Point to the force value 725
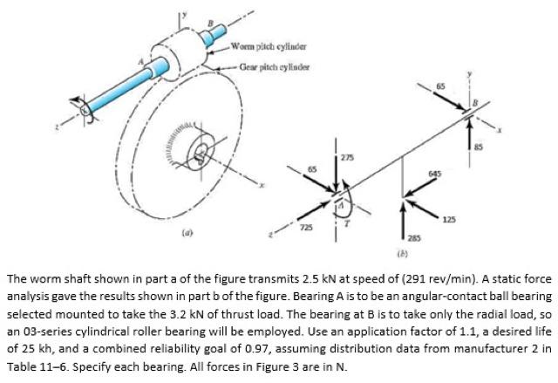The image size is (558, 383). click(306, 227)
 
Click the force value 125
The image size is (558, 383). click(449, 218)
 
